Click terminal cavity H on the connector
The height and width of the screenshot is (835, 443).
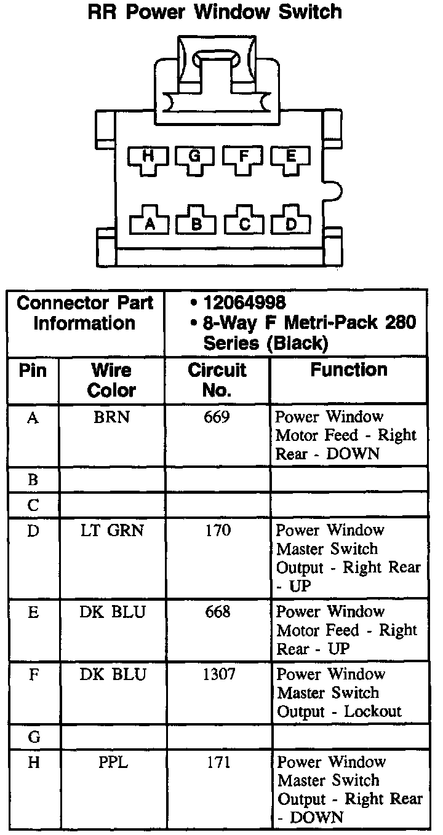[x=148, y=158]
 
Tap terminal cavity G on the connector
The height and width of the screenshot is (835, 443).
[x=195, y=158]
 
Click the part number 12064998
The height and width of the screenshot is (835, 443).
[x=244, y=303]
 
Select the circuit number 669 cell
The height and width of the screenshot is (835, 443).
[x=217, y=417]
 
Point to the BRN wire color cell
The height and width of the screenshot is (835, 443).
[x=111, y=417]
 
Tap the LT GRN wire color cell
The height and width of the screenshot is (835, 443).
[x=112, y=530]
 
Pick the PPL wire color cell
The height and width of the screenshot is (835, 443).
[x=111, y=762]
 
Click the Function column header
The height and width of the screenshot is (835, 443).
[x=348, y=370]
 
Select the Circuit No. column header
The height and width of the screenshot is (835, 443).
[x=217, y=380]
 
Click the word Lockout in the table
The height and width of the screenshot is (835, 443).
[x=373, y=712]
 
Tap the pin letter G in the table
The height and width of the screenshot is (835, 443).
[x=33, y=736]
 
